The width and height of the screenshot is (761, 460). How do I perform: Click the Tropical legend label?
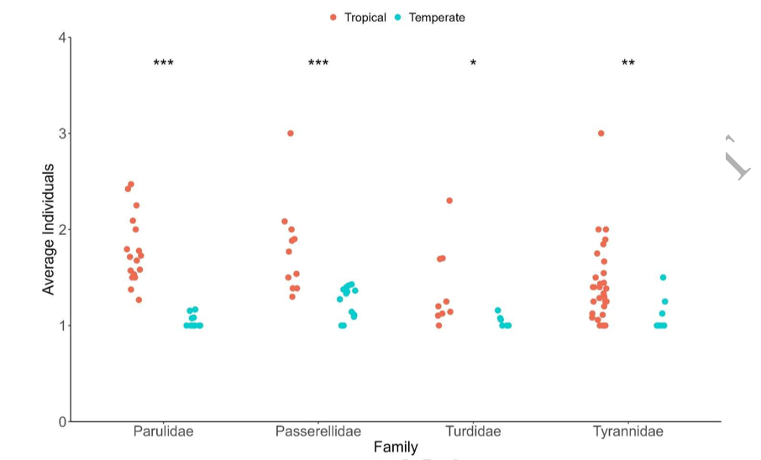click(x=365, y=18)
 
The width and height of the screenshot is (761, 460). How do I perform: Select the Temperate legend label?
click(x=436, y=18)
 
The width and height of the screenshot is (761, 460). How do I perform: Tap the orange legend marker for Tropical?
click(x=333, y=18)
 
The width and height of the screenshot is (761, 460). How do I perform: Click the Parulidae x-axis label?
click(x=163, y=431)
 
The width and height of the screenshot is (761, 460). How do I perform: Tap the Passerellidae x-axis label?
click(x=318, y=431)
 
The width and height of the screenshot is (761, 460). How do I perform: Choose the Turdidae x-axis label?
click(x=473, y=431)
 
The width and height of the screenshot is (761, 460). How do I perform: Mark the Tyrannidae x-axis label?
click(x=628, y=431)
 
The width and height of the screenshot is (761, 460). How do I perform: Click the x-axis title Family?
click(x=396, y=448)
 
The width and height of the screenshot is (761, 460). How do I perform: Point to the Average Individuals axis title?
click(x=49, y=229)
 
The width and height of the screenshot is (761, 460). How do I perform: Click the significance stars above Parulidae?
click(x=163, y=64)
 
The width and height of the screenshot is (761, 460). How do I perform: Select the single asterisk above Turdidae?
click(x=473, y=64)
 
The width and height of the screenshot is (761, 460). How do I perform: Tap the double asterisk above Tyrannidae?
click(x=628, y=64)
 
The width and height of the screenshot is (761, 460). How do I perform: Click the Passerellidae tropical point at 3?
click(x=291, y=133)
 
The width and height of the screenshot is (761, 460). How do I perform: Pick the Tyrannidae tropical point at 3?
click(x=601, y=133)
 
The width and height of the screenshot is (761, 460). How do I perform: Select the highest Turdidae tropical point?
click(x=449, y=201)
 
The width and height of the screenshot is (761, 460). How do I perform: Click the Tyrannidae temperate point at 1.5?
click(x=663, y=278)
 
